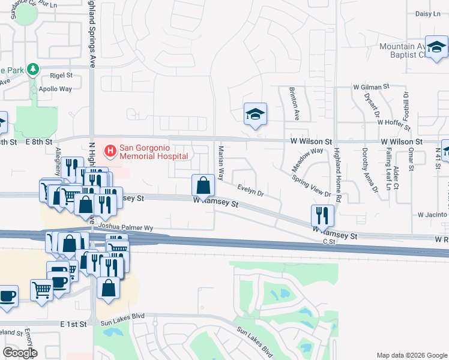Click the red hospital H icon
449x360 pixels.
(x=110, y=150)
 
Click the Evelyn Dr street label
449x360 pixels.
(x=250, y=191)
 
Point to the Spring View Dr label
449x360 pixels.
(x=311, y=186)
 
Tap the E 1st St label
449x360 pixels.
(x=73, y=324)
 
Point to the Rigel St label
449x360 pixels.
(x=61, y=76)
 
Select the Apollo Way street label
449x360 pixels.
(x=55, y=89)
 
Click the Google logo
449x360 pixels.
(x=20, y=353)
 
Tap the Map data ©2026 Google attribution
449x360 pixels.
(x=411, y=355)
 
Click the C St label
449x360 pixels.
(x=328, y=241)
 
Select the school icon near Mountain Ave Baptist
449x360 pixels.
(x=436, y=47)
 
